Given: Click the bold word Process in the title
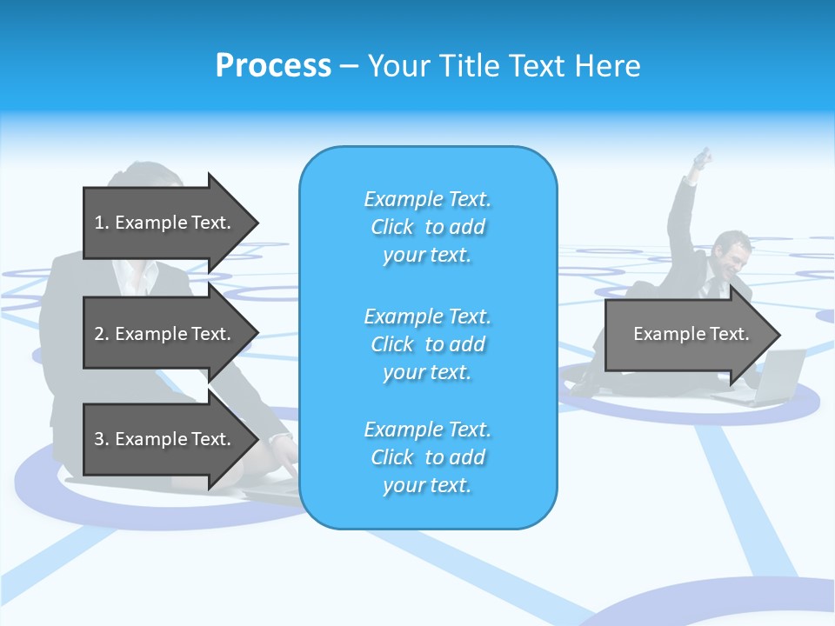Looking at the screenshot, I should [273, 65].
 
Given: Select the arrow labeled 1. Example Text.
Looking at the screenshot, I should [165, 223].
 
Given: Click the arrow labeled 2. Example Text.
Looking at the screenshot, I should [165, 334].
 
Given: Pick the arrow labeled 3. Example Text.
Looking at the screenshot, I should [165, 439].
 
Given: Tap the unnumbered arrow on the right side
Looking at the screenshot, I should [687, 334].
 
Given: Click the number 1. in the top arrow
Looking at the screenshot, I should [102, 223].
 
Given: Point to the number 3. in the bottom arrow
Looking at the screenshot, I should [102, 439].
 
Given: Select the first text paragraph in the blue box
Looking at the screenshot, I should [427, 227].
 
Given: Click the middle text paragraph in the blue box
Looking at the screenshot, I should [427, 344].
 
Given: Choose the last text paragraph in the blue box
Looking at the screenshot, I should [427, 457].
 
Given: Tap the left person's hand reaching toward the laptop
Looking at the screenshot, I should [284, 449].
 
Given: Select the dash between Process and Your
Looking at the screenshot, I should [349, 66].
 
